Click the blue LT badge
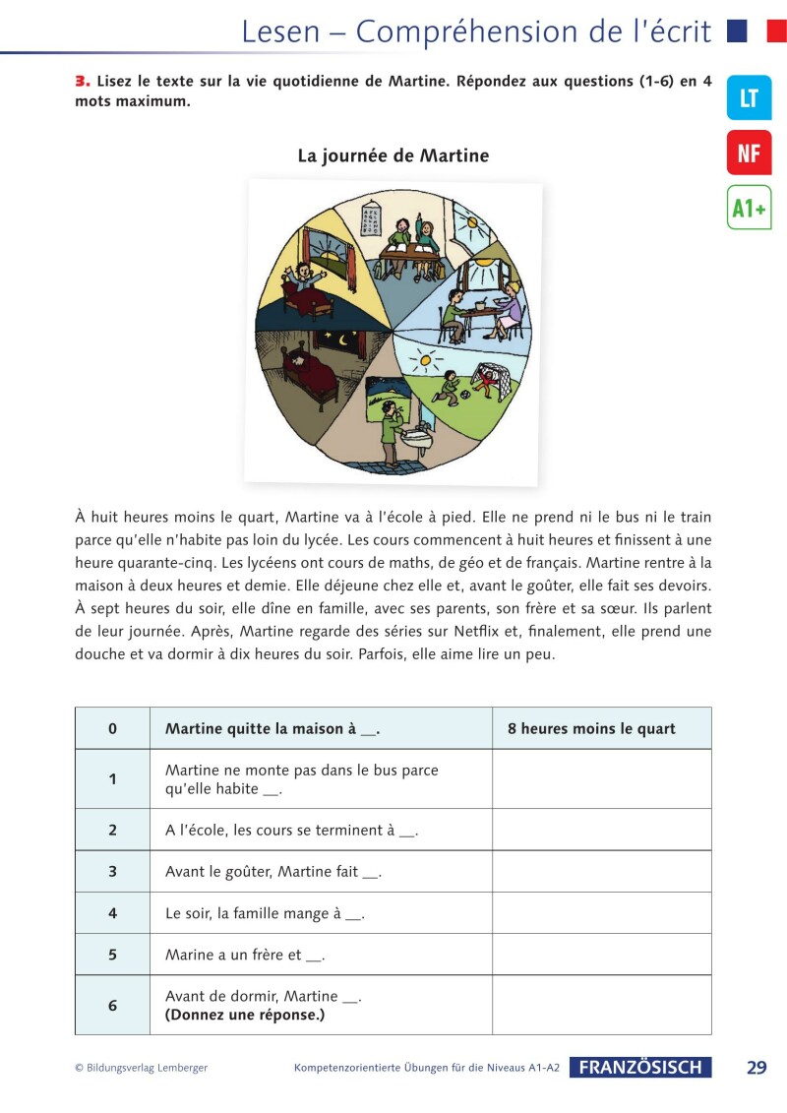749,97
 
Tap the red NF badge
749,153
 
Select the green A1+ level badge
749,208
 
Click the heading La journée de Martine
393,155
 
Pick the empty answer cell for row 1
601,778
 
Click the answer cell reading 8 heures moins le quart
591,729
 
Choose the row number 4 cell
112,913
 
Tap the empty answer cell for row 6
601,1005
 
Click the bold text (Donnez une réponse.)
245,1015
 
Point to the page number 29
757,1068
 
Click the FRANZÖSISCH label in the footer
639,1068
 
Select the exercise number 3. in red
83,82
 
